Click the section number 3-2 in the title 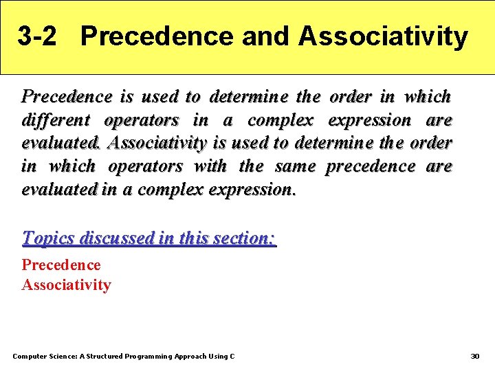(x=37, y=36)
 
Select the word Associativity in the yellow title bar (x=383, y=36)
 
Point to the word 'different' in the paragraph (x=56, y=120)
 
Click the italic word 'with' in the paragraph (x=210, y=166)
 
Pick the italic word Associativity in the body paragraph (x=157, y=143)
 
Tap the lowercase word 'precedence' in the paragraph (x=371, y=166)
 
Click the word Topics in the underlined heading (x=49, y=238)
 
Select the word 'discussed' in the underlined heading (x=116, y=238)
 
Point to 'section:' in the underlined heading (x=244, y=238)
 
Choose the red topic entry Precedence (x=61, y=265)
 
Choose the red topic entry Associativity (x=66, y=284)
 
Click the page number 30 (x=474, y=356)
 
